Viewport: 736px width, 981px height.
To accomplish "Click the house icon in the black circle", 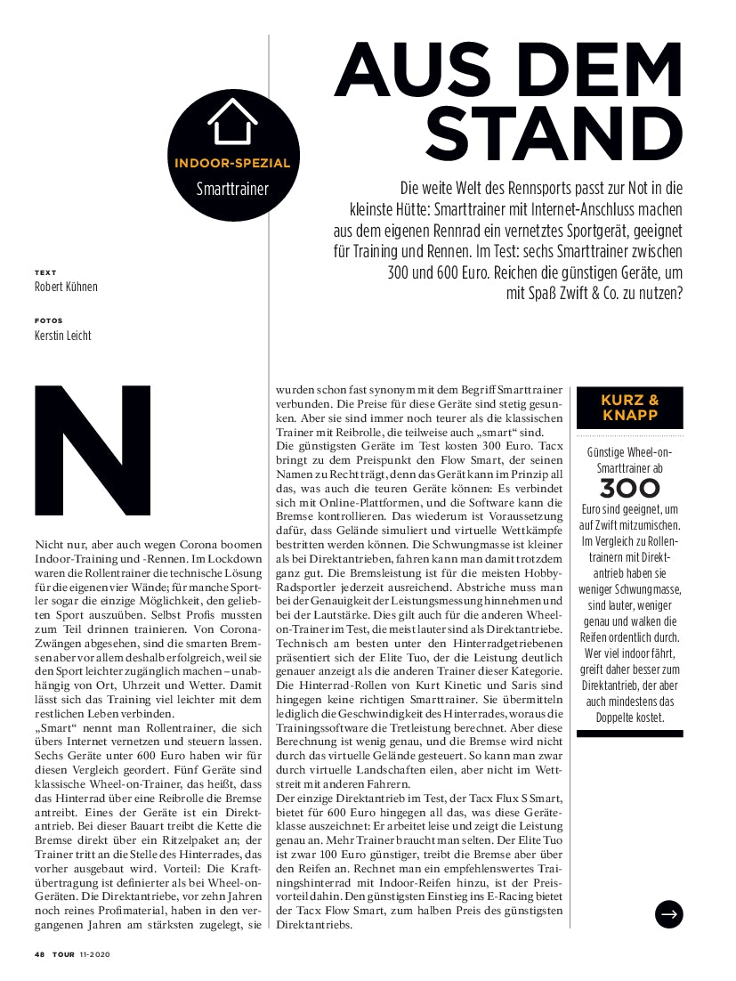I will coord(231,122).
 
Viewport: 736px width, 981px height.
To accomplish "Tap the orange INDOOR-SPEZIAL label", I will coord(231,163).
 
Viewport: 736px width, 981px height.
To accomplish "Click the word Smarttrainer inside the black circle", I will coord(232,189).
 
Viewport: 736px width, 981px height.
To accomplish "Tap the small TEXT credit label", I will coord(45,272).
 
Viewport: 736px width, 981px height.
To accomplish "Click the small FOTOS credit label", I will coord(49,320).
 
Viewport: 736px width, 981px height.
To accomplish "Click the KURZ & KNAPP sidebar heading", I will coord(629,407).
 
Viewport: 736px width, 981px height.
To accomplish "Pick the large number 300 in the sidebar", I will coord(629,489).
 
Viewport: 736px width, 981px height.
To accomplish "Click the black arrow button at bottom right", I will coord(668,913).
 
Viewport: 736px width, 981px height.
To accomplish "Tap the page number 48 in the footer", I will coord(40,954).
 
